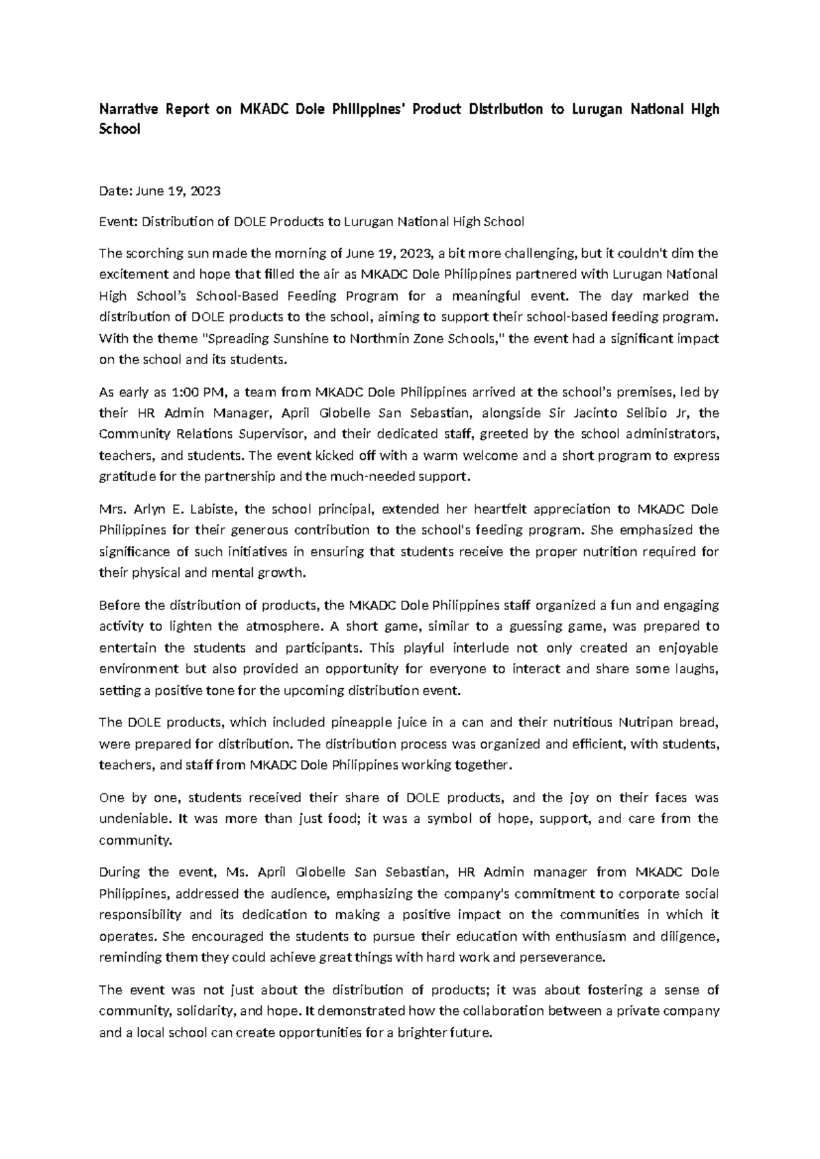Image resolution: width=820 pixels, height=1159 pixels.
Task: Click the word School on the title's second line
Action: (x=120, y=129)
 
